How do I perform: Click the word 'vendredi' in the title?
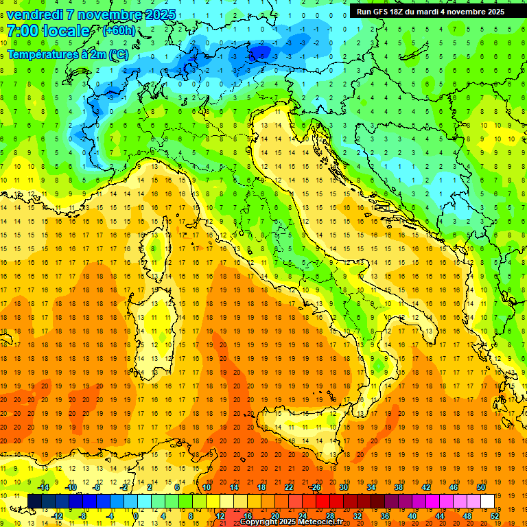pos(35,14)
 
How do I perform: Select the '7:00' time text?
pos(21,32)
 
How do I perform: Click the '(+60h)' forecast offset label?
pos(119,31)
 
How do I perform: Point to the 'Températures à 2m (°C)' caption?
pos(67,54)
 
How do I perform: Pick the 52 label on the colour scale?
pos(495,516)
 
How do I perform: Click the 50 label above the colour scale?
pos(480,487)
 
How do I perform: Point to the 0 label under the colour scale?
pos(136,516)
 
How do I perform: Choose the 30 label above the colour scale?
pos(343,487)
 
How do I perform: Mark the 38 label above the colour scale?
pos(398,487)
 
